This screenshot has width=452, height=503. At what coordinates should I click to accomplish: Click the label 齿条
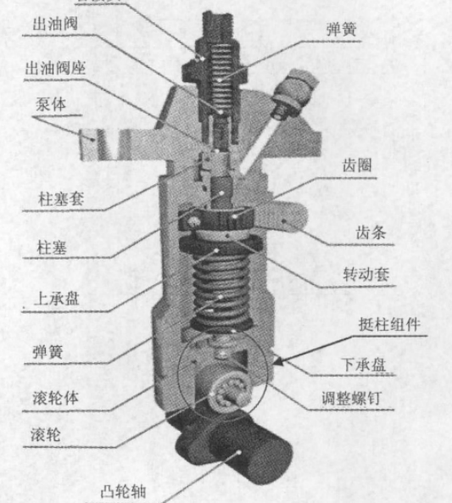pos(370,230)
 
